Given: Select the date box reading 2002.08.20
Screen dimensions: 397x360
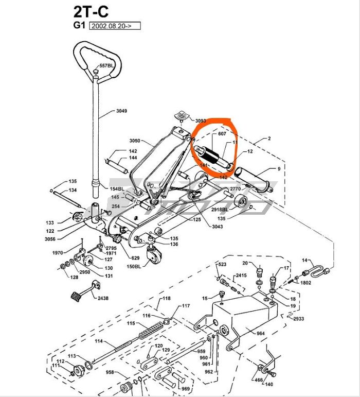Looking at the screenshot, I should pos(115,26).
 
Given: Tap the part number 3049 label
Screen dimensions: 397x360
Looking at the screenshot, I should pos(121,111).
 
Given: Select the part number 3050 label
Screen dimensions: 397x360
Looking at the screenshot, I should pos(135,141).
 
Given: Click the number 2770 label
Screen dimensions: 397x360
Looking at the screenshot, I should pos(235,189).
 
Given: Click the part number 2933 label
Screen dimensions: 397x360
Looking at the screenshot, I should pos(299,319).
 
